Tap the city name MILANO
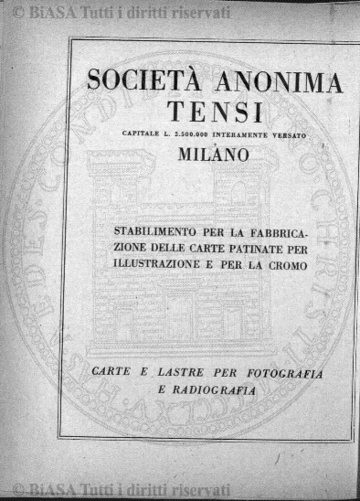[x=216, y=155]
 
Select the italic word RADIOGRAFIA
[x=222, y=390]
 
